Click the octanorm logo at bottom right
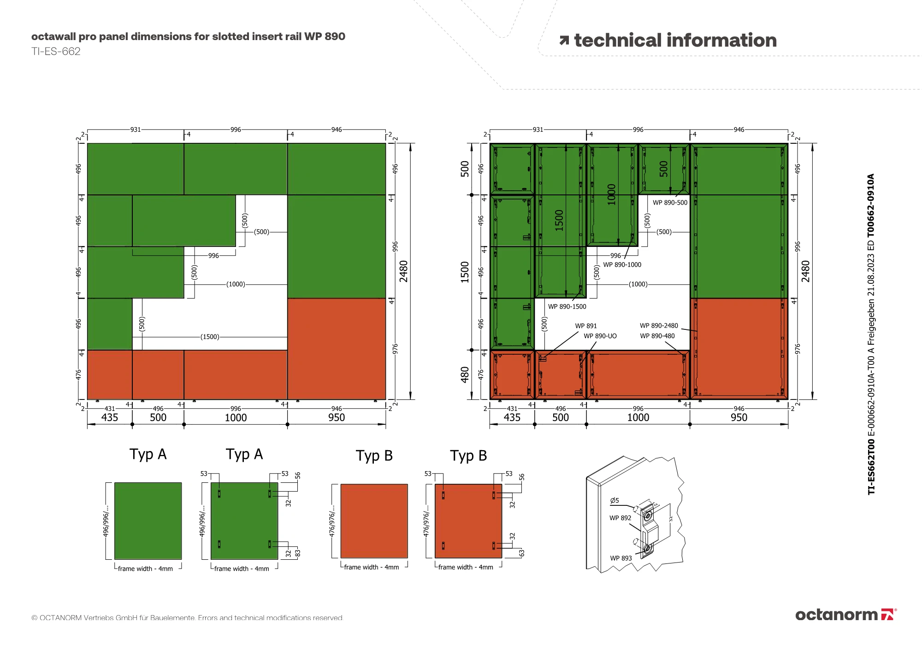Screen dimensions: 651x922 (x=845, y=615)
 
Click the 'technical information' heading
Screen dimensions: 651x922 (x=675, y=41)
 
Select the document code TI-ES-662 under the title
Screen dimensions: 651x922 (x=56, y=52)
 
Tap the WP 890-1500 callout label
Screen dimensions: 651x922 (x=567, y=306)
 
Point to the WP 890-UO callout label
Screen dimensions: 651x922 (x=600, y=336)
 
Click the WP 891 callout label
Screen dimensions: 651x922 (x=585, y=326)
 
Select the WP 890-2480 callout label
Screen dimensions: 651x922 (x=659, y=326)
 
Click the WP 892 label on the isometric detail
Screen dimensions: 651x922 (x=620, y=518)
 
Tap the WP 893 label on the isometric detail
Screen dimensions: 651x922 (x=621, y=558)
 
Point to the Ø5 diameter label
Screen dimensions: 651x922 (x=615, y=500)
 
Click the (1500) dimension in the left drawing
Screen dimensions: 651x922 (x=210, y=337)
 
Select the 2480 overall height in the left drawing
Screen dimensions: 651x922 (x=404, y=271)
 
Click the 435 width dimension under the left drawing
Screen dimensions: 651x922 (x=110, y=417)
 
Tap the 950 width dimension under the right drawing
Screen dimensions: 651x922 (x=739, y=417)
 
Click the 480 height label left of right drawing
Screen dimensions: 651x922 (x=465, y=374)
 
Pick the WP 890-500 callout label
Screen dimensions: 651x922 (x=670, y=203)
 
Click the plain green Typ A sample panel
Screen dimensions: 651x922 (x=148, y=521)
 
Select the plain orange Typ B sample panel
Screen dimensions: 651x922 (x=374, y=521)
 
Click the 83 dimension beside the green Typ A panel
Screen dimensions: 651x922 (x=298, y=552)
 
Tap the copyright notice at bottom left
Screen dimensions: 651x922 (x=187, y=618)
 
